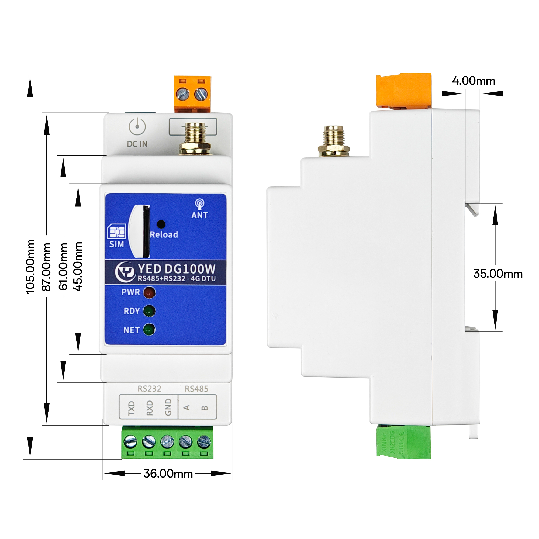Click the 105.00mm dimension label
click(30, 267)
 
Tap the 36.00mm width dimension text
click(168, 474)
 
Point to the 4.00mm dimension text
click(474, 81)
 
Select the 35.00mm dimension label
click(498, 274)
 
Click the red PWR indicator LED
click(149, 292)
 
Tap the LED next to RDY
click(149, 311)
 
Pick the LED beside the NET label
click(149, 330)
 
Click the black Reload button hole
click(161, 224)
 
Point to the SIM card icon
click(116, 232)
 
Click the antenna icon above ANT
click(199, 204)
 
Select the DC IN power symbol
click(137, 127)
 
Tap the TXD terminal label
click(132, 408)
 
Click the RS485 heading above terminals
click(196, 389)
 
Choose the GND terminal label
click(168, 407)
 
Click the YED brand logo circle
click(125, 272)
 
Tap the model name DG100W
click(190, 269)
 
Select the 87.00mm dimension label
click(47, 267)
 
